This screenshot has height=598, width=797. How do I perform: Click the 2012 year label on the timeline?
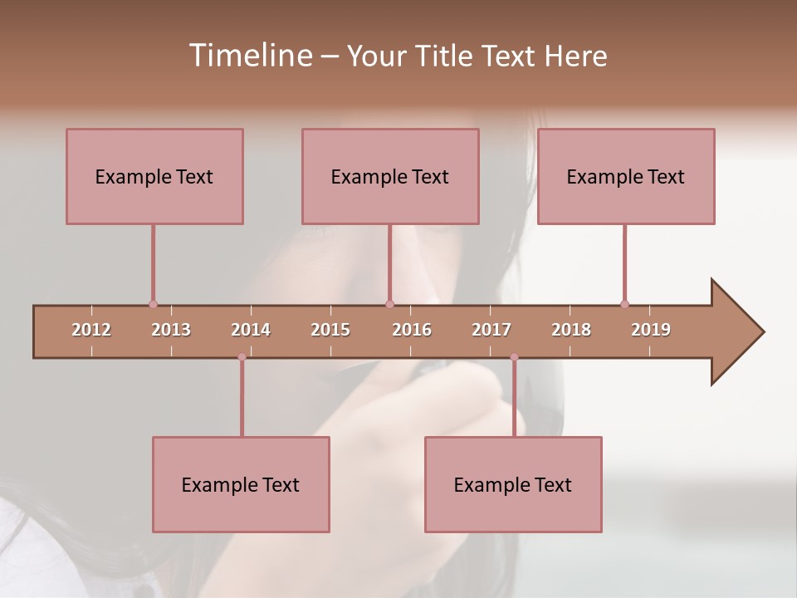[x=91, y=330]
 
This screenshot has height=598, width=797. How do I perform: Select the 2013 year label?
[x=171, y=330]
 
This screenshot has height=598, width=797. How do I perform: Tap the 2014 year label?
[x=251, y=330]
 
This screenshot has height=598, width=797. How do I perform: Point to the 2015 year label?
[x=330, y=330]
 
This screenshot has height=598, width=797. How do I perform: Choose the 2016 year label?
[x=412, y=330]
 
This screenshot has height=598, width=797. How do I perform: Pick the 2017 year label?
[x=491, y=330]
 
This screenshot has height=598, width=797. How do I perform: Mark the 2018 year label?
[x=571, y=330]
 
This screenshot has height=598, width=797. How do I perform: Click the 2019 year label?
[x=651, y=330]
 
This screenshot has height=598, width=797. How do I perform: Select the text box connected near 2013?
[x=154, y=176]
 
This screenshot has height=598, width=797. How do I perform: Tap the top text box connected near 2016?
[x=390, y=176]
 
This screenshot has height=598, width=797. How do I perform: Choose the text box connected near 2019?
[x=626, y=176]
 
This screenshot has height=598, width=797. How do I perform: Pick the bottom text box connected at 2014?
[x=241, y=484]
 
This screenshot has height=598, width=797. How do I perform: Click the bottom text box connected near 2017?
[x=513, y=484]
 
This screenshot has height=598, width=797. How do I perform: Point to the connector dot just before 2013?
[x=153, y=304]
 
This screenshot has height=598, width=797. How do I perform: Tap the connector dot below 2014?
[x=242, y=357]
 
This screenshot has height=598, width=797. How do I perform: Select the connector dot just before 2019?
[x=624, y=304]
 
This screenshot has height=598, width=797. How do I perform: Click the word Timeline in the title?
[x=249, y=56]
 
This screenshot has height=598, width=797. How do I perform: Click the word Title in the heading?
[x=446, y=56]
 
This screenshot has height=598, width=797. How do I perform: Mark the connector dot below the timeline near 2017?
[x=514, y=357]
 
